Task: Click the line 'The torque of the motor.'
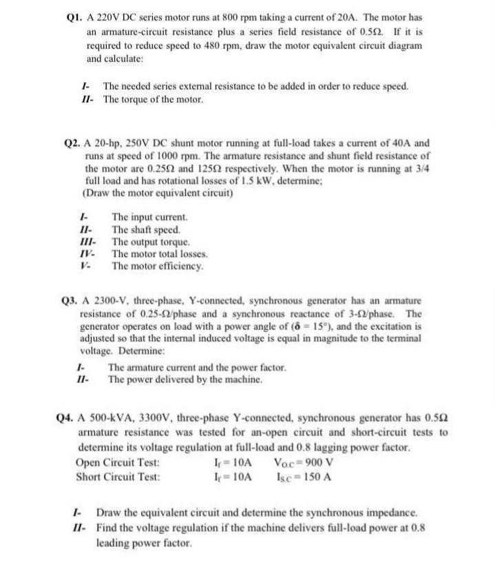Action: [153, 100]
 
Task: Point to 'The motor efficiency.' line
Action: [158, 265]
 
